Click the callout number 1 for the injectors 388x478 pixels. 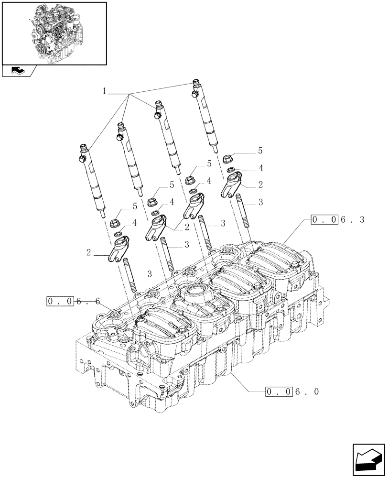tap(104, 91)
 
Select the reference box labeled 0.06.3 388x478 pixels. tap(338, 220)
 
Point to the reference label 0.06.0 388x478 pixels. tap(292, 392)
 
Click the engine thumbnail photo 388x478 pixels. tap(54, 33)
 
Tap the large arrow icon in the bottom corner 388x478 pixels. tap(368, 459)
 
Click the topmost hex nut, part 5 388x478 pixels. tap(228, 158)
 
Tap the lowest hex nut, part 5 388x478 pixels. tap(115, 223)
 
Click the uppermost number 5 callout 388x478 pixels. tap(260, 151)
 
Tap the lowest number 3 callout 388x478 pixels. tap(149, 274)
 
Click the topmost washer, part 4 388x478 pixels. tap(230, 170)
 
